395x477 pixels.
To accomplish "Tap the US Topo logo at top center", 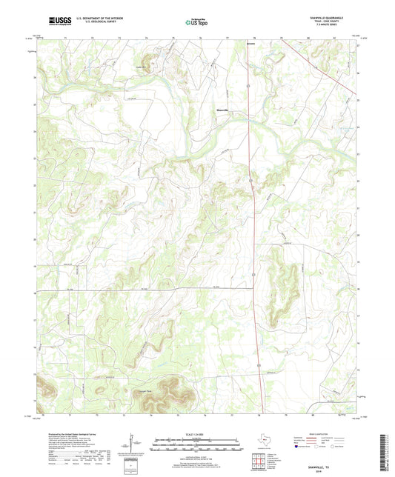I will click(197, 23).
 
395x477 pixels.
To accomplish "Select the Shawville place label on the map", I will click(221, 110).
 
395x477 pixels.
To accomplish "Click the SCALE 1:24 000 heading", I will click(196, 434).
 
